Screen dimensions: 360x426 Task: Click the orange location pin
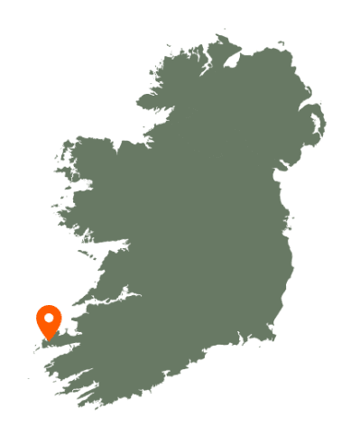49,321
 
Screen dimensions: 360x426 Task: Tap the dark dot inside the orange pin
49,318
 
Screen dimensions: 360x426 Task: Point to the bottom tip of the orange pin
49,341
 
